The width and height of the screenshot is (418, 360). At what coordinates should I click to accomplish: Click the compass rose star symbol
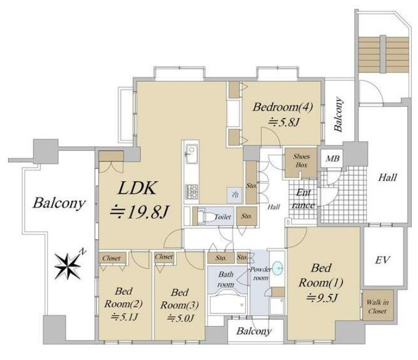69,265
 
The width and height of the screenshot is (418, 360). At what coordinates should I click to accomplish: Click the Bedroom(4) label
282,107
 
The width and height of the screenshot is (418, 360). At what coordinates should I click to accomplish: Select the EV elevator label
383,260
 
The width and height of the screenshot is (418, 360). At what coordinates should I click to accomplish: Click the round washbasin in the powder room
278,268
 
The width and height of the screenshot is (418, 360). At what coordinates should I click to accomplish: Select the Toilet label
222,217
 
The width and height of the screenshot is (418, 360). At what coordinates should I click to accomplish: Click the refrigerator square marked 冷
234,194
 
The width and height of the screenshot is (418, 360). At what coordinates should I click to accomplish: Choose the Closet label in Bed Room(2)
111,258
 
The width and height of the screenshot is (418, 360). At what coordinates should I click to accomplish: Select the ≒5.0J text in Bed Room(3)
178,317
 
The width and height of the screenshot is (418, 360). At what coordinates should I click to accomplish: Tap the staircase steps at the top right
384,58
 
